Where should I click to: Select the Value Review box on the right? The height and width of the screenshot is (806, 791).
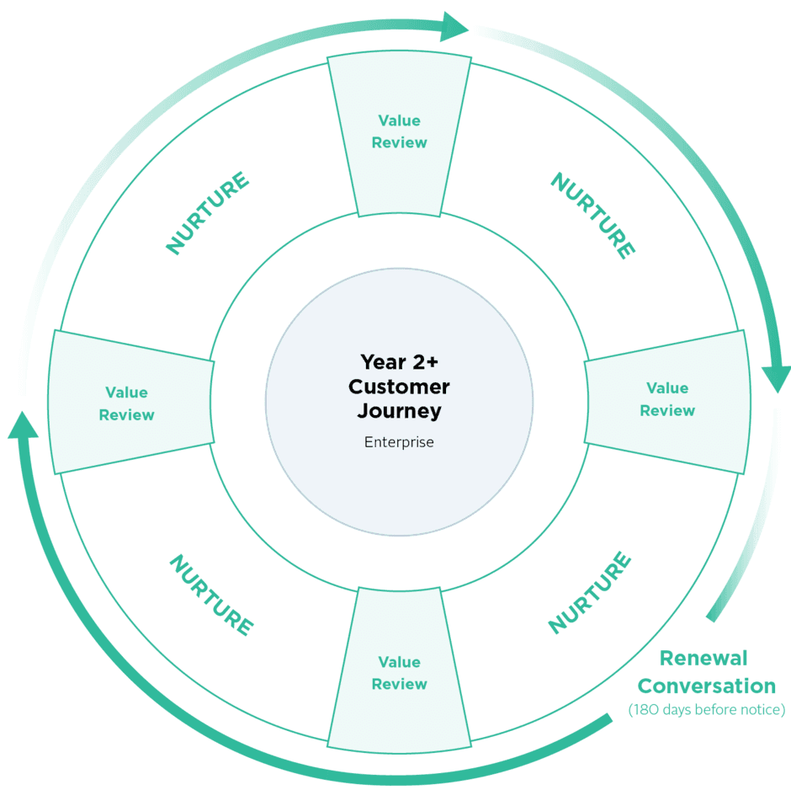click(x=667, y=399)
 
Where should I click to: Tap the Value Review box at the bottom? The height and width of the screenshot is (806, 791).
click(x=399, y=673)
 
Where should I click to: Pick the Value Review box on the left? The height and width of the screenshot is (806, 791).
click(x=127, y=403)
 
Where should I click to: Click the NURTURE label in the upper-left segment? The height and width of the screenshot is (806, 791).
click(x=207, y=213)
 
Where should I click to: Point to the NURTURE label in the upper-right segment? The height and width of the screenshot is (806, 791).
click(x=592, y=216)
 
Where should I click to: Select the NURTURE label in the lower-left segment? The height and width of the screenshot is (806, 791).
click(x=210, y=595)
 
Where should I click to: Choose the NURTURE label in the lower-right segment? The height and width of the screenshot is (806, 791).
click(x=589, y=592)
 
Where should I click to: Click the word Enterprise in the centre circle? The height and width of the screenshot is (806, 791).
click(x=399, y=441)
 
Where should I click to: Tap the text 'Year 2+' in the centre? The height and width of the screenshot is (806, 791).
click(x=399, y=361)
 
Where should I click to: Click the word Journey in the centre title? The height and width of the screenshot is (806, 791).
click(x=399, y=411)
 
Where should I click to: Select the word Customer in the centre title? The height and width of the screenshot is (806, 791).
click(x=399, y=387)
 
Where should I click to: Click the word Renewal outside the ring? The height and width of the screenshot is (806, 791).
click(x=703, y=658)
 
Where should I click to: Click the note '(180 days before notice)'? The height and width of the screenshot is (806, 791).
click(x=707, y=710)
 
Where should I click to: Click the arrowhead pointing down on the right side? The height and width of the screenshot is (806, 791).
click(x=776, y=379)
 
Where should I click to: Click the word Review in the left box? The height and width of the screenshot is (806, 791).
click(x=127, y=414)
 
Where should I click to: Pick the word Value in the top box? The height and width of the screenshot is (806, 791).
click(x=399, y=120)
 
